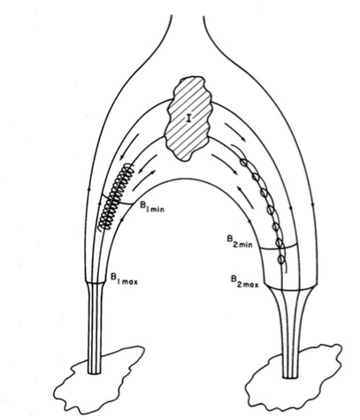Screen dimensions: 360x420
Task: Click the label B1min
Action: (x=151, y=208)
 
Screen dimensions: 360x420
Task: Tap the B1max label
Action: (x=124, y=279)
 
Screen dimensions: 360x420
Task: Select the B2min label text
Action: (x=240, y=241)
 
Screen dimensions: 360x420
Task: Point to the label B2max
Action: (x=245, y=281)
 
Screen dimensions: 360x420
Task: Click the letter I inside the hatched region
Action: (x=188, y=118)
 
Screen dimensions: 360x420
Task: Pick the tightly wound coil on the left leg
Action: (x=116, y=197)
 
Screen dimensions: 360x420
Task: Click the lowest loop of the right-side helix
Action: (x=281, y=259)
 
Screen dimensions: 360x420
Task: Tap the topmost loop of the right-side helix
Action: (x=243, y=162)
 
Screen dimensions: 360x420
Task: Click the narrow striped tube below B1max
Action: (x=95, y=328)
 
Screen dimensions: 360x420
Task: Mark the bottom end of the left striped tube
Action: (x=95, y=373)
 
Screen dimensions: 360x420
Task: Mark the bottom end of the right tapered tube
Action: (x=290, y=378)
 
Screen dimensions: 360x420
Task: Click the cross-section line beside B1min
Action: (x=118, y=201)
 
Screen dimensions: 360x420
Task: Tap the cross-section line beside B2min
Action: (x=279, y=248)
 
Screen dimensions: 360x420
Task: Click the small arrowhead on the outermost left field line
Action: (x=90, y=187)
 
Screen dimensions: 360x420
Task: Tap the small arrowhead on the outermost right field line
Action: (x=313, y=203)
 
